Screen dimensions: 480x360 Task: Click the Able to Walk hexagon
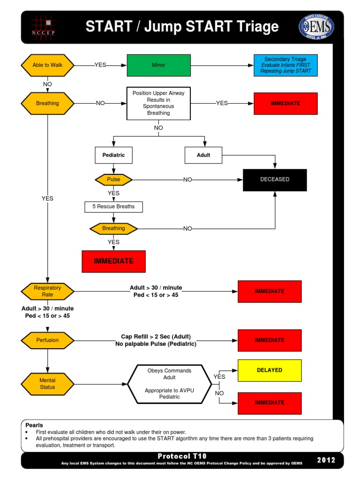[47, 65]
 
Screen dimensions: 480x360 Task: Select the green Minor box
[158, 65]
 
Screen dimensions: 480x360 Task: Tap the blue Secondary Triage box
[285, 65]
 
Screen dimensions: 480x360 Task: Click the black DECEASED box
[275, 180]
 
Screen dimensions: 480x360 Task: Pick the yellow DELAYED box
[270, 370]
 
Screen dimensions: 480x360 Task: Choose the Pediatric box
[113, 155]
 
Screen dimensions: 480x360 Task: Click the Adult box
[203, 155]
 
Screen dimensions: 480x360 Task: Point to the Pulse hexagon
[113, 180]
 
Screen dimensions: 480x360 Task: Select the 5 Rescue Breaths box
[113, 207]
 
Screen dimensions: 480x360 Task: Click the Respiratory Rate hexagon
[47, 291]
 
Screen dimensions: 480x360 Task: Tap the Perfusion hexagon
[47, 340]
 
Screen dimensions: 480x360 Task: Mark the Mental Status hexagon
[47, 384]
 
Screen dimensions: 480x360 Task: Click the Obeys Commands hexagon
[170, 384]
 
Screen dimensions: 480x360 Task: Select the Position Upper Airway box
[158, 103]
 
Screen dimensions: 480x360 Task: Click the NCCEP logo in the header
[43, 27]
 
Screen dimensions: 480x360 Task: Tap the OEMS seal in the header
[316, 27]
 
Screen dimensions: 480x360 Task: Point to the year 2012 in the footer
[326, 460]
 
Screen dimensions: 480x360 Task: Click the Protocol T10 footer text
[182, 456]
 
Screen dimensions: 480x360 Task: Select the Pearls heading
[34, 425]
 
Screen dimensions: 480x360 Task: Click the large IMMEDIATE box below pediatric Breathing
[113, 261]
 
